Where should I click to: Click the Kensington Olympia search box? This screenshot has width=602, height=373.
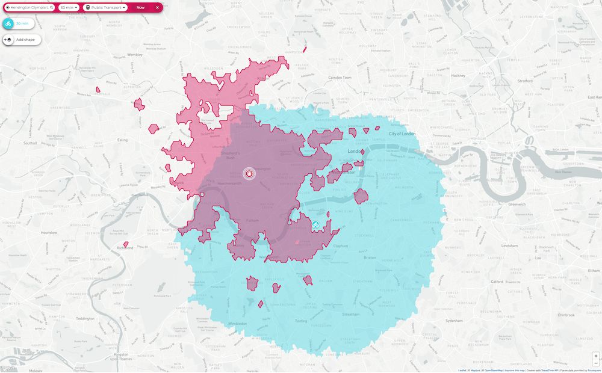pos(29,8)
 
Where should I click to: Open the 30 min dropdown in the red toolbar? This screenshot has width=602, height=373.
pos(69,8)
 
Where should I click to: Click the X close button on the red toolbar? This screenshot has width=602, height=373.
pos(157,8)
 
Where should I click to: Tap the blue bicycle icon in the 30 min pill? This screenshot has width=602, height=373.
pos(9,23)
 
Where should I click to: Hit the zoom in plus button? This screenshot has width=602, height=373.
pos(596,356)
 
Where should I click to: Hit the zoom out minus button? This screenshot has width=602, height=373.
pos(596,363)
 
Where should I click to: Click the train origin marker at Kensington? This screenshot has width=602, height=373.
pos(249,174)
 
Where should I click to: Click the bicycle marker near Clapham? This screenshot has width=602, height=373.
pos(315,225)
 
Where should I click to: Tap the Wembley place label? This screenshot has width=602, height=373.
pos(135,55)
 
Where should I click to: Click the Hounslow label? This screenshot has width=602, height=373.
pos(48,232)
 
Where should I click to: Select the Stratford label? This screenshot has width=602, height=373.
pos(525,79)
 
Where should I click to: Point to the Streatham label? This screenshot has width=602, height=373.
pos(350,314)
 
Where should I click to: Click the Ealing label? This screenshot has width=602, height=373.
pos(122,140)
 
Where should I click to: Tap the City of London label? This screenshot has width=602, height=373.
pos(402,134)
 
